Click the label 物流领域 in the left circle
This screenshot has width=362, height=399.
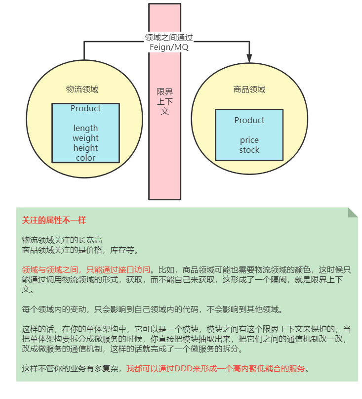coord(82,89)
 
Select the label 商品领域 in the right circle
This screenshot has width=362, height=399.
coord(249,89)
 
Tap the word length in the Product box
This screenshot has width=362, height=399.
coord(85,128)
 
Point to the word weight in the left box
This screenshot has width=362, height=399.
coord(85,138)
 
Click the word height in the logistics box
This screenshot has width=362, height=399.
coord(85,148)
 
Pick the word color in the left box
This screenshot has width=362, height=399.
coord(85,158)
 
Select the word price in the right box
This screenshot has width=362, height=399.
coord(249,140)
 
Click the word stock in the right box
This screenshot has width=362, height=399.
coord(249,150)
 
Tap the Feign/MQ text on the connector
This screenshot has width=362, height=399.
coord(168,47)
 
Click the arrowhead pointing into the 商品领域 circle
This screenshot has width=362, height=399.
coord(249,58)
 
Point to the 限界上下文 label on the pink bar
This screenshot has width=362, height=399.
coord(165,101)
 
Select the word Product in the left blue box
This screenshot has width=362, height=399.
coord(85,108)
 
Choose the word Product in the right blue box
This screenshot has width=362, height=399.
coord(249,120)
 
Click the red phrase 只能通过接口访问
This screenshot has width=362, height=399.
coord(118,270)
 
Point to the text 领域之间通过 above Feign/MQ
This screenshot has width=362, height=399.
coord(168,38)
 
